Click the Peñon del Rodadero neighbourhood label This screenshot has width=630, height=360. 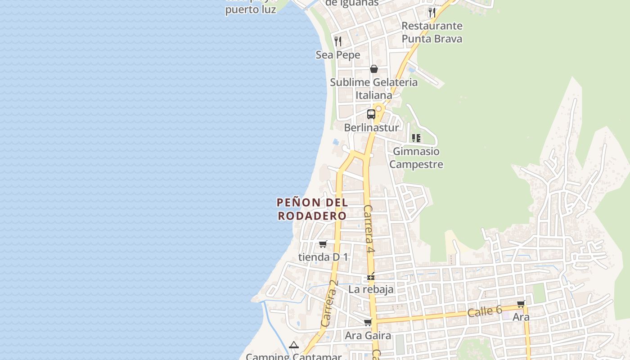(x=312, y=209)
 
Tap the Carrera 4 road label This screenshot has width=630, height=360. (x=369, y=229)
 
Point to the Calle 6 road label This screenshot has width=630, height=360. (x=484, y=310)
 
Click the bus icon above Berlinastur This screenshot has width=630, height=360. (x=371, y=114)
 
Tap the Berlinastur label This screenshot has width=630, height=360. (x=371, y=128)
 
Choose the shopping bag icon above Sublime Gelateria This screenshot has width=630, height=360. (x=374, y=69)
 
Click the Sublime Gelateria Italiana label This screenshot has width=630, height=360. (x=374, y=89)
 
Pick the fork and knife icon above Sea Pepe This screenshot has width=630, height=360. (x=338, y=41)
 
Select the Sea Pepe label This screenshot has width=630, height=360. (x=338, y=55)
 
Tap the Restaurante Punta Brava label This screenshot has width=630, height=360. (x=432, y=32)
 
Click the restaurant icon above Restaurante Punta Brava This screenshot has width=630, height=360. (x=432, y=12)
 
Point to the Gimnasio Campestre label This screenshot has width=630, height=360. (x=416, y=157)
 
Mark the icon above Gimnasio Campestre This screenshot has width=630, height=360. (x=416, y=138)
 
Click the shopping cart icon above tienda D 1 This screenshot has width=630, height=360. (x=323, y=244)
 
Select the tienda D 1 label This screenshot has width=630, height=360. (x=323, y=257)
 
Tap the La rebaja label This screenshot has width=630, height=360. (x=371, y=289)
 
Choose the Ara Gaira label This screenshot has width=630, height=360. (x=368, y=336)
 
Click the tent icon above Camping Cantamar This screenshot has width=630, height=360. (x=294, y=345)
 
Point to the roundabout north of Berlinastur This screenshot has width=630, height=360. (x=379, y=108)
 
